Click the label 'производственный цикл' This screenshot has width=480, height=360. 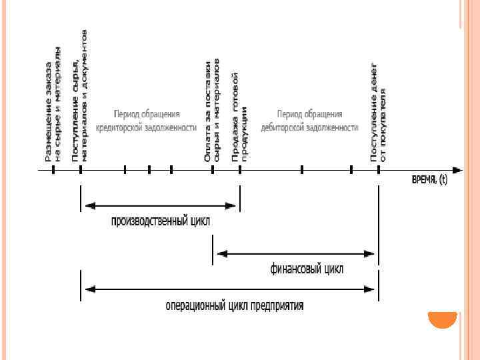160,221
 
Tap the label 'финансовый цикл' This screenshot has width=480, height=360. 307,269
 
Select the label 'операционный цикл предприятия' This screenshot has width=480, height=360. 235,306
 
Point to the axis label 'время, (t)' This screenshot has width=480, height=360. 429,181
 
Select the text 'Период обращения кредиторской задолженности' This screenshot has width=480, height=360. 146,120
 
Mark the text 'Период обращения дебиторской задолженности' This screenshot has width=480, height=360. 310,120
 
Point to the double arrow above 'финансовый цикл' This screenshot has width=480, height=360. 295,253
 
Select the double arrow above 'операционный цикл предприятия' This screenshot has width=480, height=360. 229,289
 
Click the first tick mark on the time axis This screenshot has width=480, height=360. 53,170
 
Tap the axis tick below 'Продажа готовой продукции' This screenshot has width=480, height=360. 240,170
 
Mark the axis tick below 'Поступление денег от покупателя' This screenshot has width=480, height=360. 379,170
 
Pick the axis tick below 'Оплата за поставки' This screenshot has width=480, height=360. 213,170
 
